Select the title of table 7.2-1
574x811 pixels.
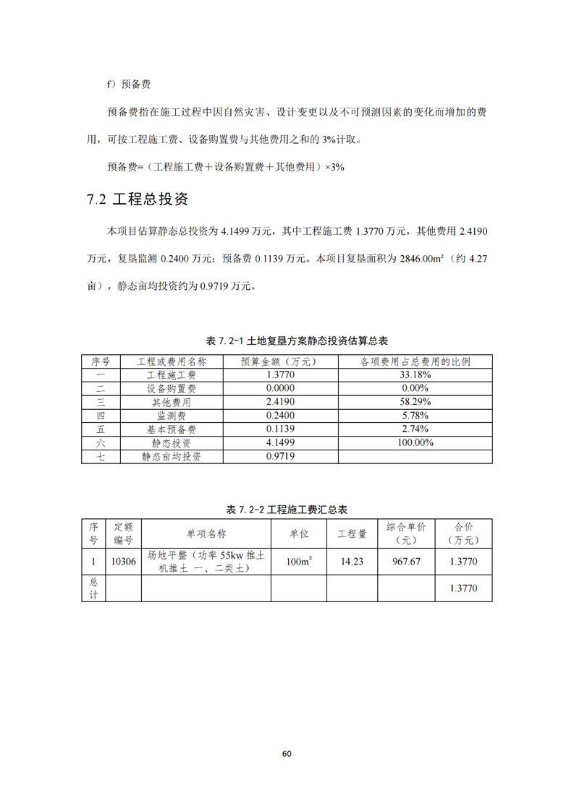[x=287, y=340]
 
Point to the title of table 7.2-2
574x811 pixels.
[x=287, y=510]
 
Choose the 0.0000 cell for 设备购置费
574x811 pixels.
[x=280, y=389]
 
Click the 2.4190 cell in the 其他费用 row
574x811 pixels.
[x=280, y=402]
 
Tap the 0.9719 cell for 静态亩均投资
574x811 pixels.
[x=280, y=457]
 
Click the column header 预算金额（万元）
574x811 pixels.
[x=280, y=361]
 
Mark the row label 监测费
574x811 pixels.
[x=172, y=416]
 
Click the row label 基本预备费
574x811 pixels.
[x=172, y=429]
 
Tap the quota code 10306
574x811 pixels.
[x=123, y=562]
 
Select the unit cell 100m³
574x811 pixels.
[x=298, y=562]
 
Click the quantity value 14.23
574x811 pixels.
[x=352, y=562]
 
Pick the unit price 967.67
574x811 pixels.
[x=407, y=562]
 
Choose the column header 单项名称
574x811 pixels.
[x=206, y=534]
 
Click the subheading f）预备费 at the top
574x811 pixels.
[x=129, y=85]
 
